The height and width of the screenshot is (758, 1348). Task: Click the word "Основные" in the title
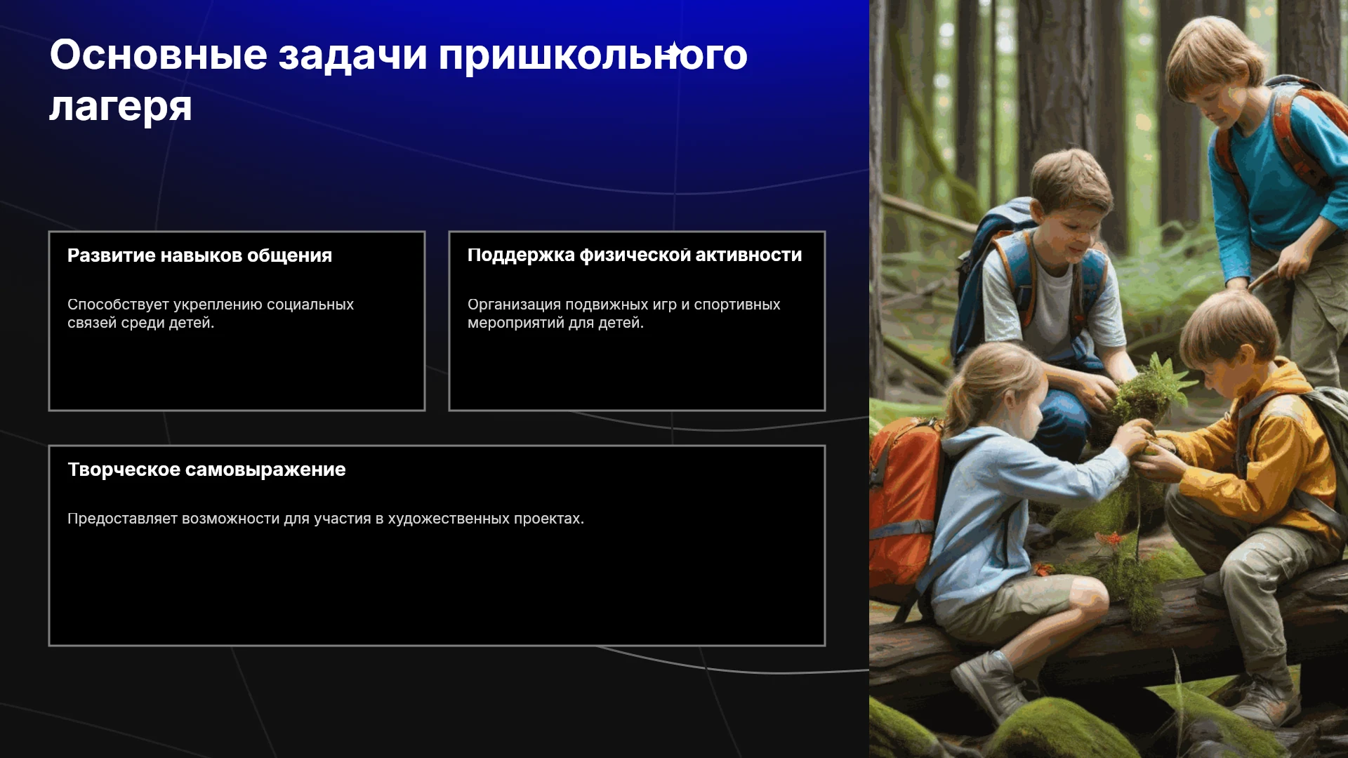159,55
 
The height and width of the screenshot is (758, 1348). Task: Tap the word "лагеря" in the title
121,107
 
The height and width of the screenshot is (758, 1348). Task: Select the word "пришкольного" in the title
593,56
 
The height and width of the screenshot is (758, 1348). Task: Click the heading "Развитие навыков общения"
199,255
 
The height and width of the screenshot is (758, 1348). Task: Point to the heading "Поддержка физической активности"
635,255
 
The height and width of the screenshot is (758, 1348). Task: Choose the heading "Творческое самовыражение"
206,470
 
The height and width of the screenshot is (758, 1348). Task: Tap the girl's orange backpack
904,505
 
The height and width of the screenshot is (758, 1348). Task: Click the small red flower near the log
1109,539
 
